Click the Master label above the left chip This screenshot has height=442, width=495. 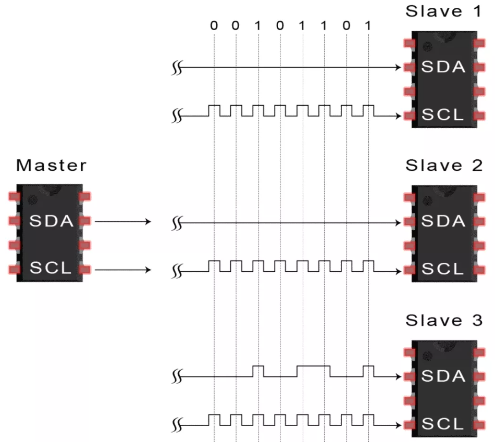point(51,166)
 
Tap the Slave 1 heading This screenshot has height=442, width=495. point(443,11)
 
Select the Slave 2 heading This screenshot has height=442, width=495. point(443,166)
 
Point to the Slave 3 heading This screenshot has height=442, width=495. point(443,320)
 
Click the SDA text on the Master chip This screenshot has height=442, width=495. point(52,221)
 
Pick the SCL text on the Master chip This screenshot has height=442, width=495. point(51,269)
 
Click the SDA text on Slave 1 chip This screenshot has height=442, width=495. point(443,67)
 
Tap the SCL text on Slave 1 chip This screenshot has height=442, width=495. point(442,115)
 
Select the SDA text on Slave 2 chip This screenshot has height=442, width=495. point(443,221)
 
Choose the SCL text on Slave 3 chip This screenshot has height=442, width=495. point(442,423)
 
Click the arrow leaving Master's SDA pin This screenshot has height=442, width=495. point(123,222)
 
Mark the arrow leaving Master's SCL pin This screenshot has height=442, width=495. point(123,270)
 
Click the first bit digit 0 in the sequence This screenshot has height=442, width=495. point(214,25)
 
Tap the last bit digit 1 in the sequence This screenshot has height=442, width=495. point(368,25)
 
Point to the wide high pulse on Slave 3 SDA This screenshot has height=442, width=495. point(313,366)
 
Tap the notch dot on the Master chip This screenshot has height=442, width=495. point(33,198)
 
